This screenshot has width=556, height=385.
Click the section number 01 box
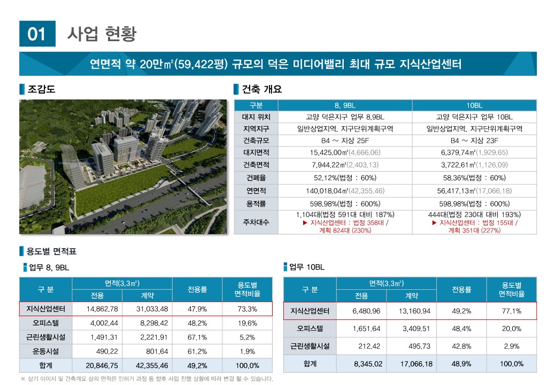coord(37,34)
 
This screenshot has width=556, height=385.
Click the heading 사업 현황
coord(102,34)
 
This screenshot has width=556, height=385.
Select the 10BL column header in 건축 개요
coord(474,105)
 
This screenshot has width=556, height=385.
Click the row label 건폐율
coord(256,178)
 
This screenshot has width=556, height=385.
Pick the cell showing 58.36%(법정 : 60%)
coord(474,178)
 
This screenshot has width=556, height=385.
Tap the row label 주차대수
coord(256,222)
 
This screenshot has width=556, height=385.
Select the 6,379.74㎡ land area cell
coord(474,153)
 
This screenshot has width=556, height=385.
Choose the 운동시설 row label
coord(45,351)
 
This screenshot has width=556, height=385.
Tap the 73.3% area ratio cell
coord(247,309)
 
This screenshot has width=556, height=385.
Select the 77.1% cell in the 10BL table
coord(512,311)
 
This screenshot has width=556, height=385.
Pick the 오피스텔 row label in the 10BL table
coord(310,328)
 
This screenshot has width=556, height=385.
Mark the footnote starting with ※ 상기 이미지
coord(146,379)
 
